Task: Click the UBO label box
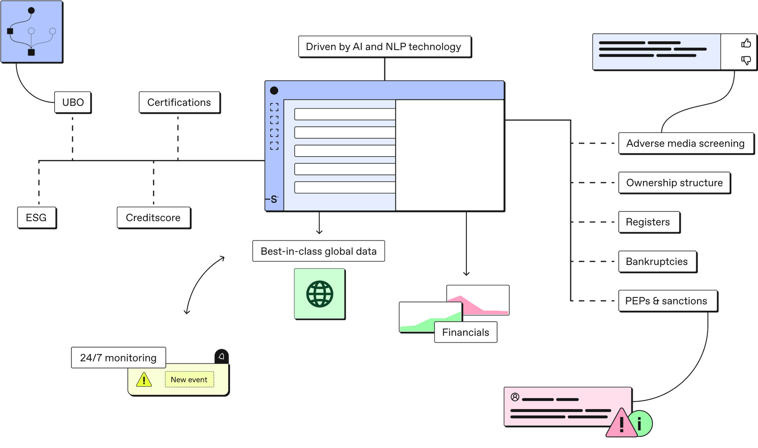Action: point(73,102)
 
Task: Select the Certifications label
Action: point(179,102)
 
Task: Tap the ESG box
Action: point(36,218)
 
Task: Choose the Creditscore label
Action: point(153,218)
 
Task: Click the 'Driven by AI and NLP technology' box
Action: point(384,47)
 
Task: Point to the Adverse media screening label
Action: point(685,143)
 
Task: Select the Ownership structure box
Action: point(674,183)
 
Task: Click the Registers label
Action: point(648,222)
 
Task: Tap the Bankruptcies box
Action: point(657,262)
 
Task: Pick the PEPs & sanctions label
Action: point(666,301)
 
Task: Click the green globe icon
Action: point(319,294)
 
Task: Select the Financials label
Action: point(465,332)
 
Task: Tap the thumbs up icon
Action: point(746,43)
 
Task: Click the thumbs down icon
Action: point(746,60)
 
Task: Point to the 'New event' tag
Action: point(189,379)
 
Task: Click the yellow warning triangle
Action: point(144,380)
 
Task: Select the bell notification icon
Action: point(222,357)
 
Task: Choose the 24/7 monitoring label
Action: point(118,358)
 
